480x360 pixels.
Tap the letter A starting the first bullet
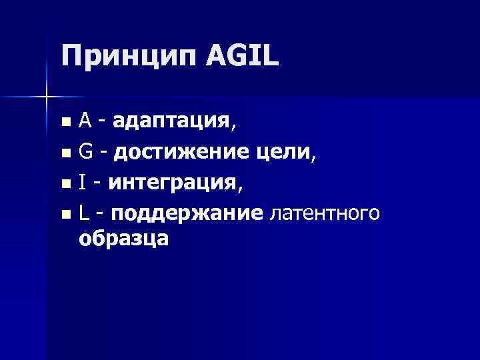[85, 121]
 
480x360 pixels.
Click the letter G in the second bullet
[85, 153]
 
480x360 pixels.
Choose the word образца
[123, 239]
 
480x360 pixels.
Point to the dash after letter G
[103, 155]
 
